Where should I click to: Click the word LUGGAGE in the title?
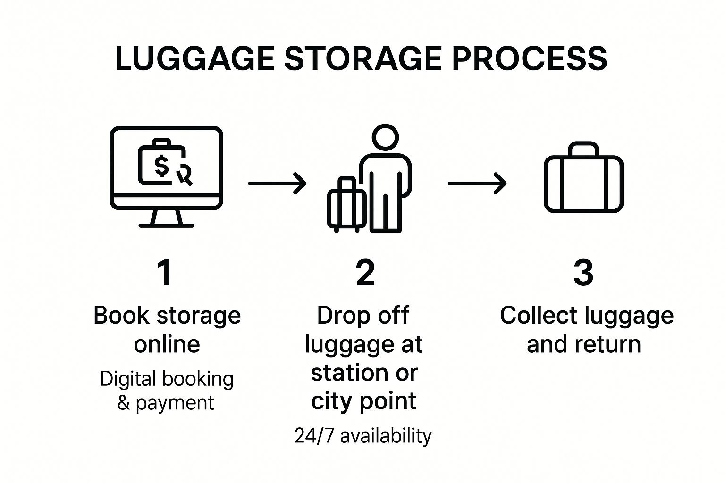tap(194, 59)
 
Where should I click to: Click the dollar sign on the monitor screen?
tap(161, 166)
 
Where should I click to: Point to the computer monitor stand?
tap(166, 218)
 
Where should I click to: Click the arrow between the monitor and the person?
tap(277, 183)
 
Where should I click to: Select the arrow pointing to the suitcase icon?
tap(477, 183)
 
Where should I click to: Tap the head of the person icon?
tap(385, 137)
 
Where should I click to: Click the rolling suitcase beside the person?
tap(347, 206)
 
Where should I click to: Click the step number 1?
tap(165, 273)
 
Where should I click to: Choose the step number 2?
tap(365, 273)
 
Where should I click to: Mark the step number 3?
tap(583, 273)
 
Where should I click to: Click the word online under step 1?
tap(167, 344)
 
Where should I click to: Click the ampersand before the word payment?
tap(123, 403)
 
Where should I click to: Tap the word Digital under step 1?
tap(127, 379)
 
